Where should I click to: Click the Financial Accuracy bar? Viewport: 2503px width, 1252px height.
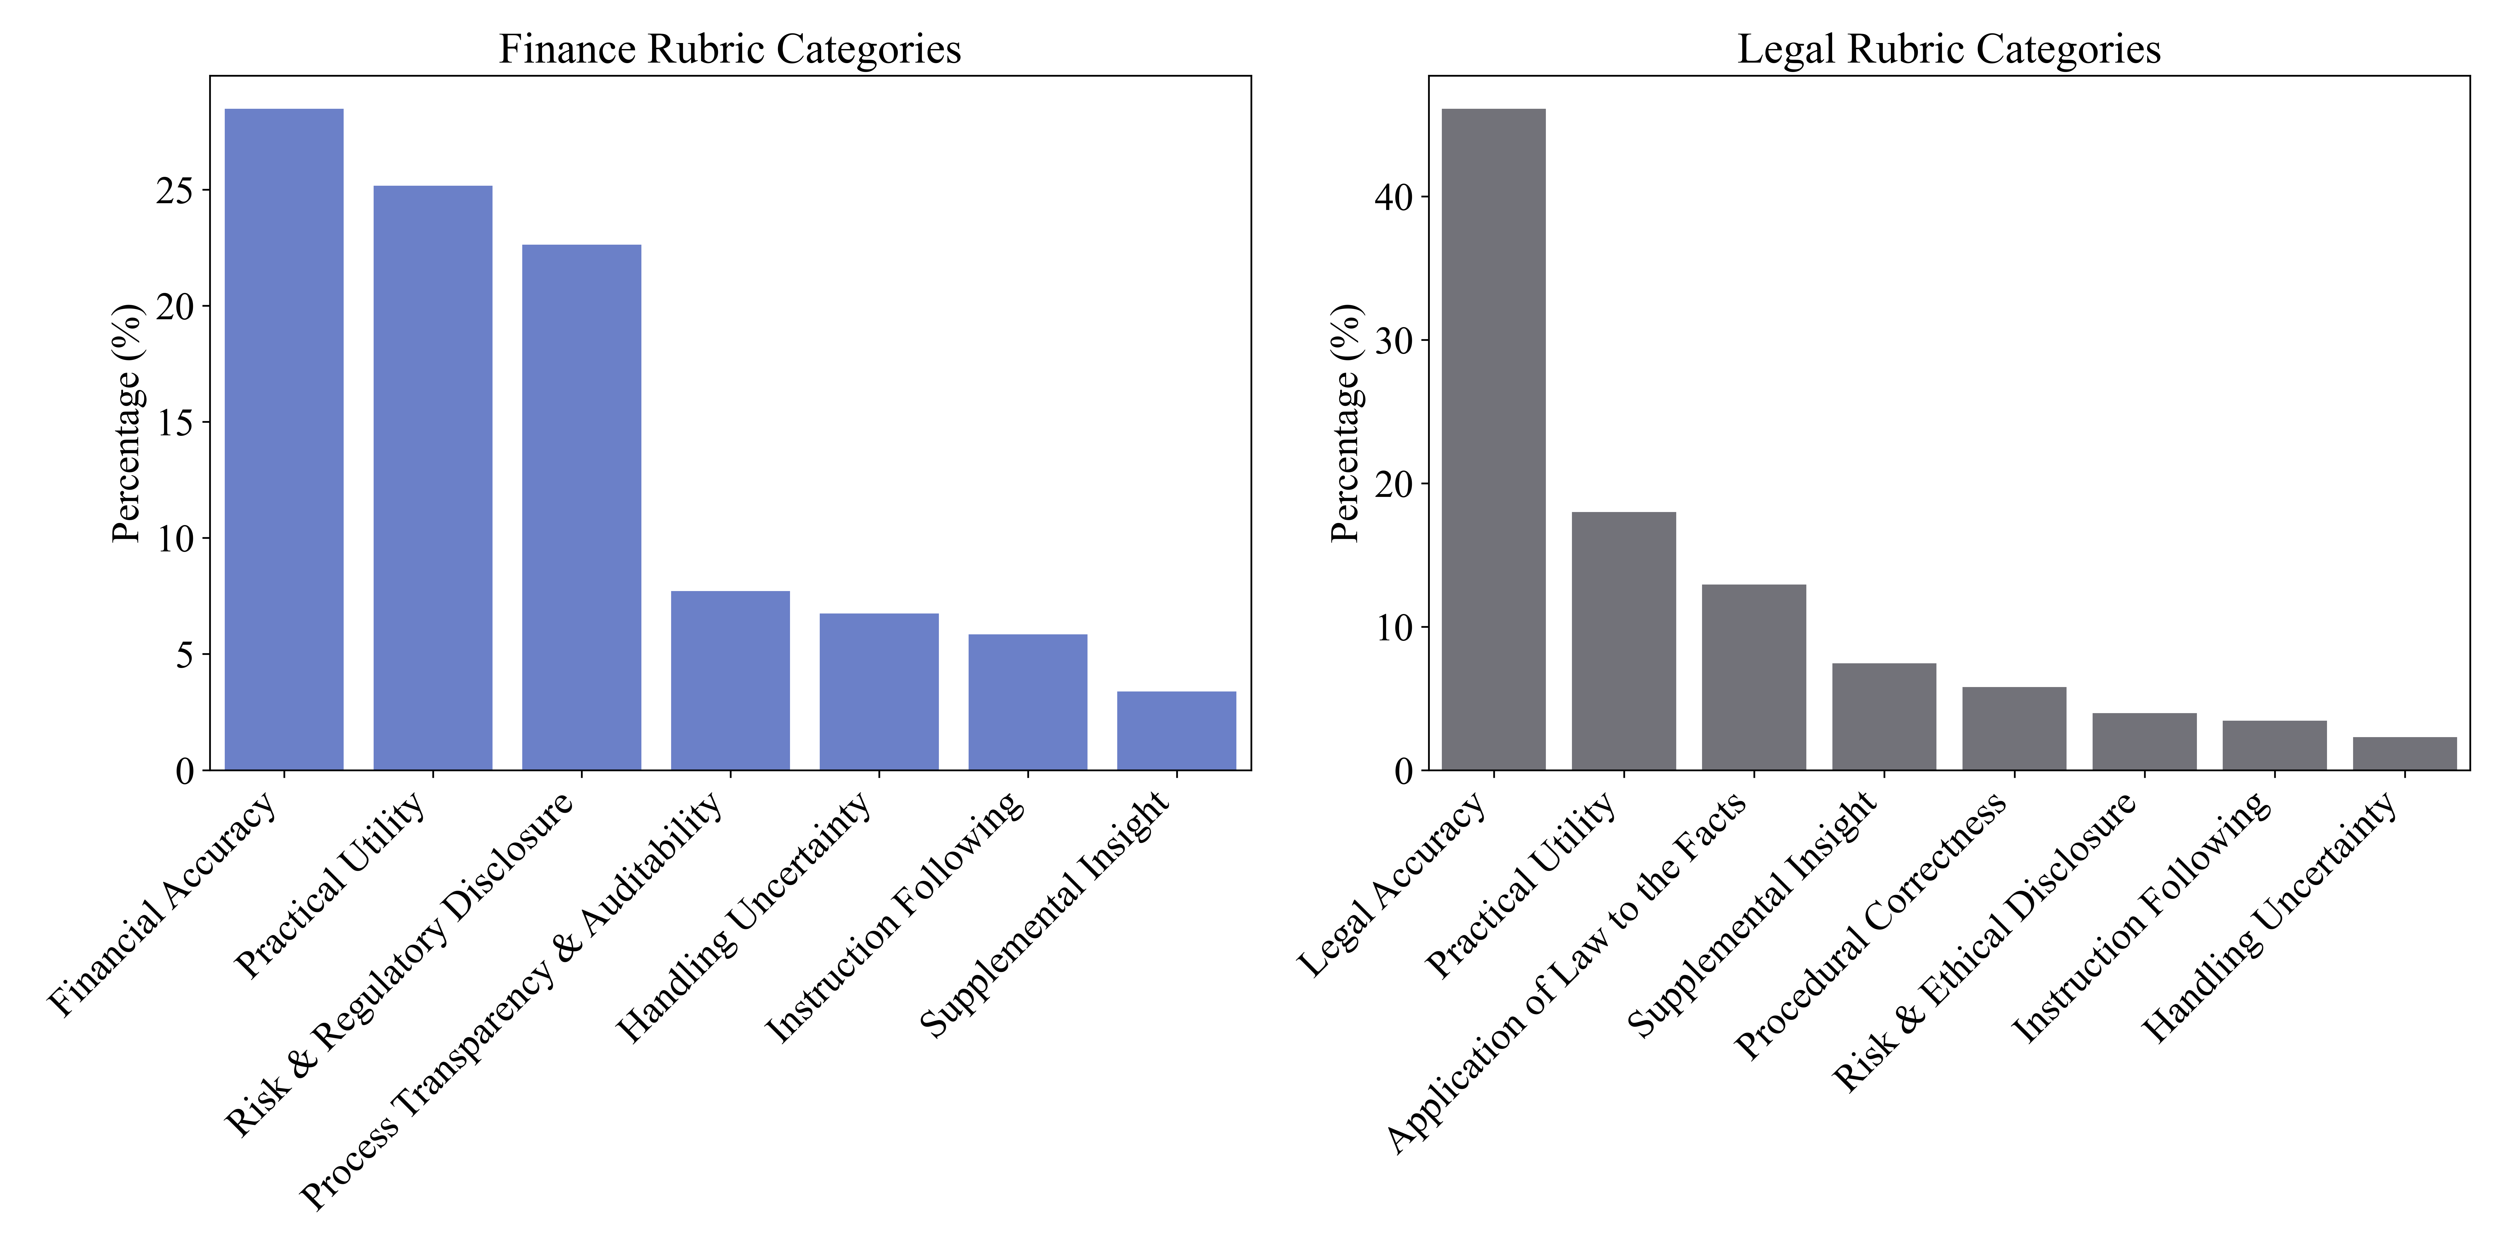coord(284,439)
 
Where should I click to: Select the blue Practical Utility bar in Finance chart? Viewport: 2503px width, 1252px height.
coord(432,478)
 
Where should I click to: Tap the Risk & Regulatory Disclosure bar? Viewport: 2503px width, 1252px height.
coord(581,507)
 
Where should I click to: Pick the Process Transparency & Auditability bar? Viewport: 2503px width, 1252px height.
coord(730,681)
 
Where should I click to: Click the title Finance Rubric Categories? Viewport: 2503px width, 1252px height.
coord(730,49)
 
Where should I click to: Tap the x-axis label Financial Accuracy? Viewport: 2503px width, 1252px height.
coord(163,904)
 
